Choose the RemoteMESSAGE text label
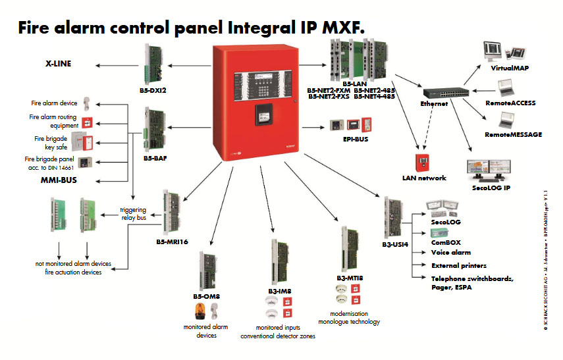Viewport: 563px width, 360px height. coord(514,134)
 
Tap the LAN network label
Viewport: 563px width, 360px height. coord(424,178)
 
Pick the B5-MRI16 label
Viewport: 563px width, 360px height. coord(172,242)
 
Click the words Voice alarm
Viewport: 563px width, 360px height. coord(451,252)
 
